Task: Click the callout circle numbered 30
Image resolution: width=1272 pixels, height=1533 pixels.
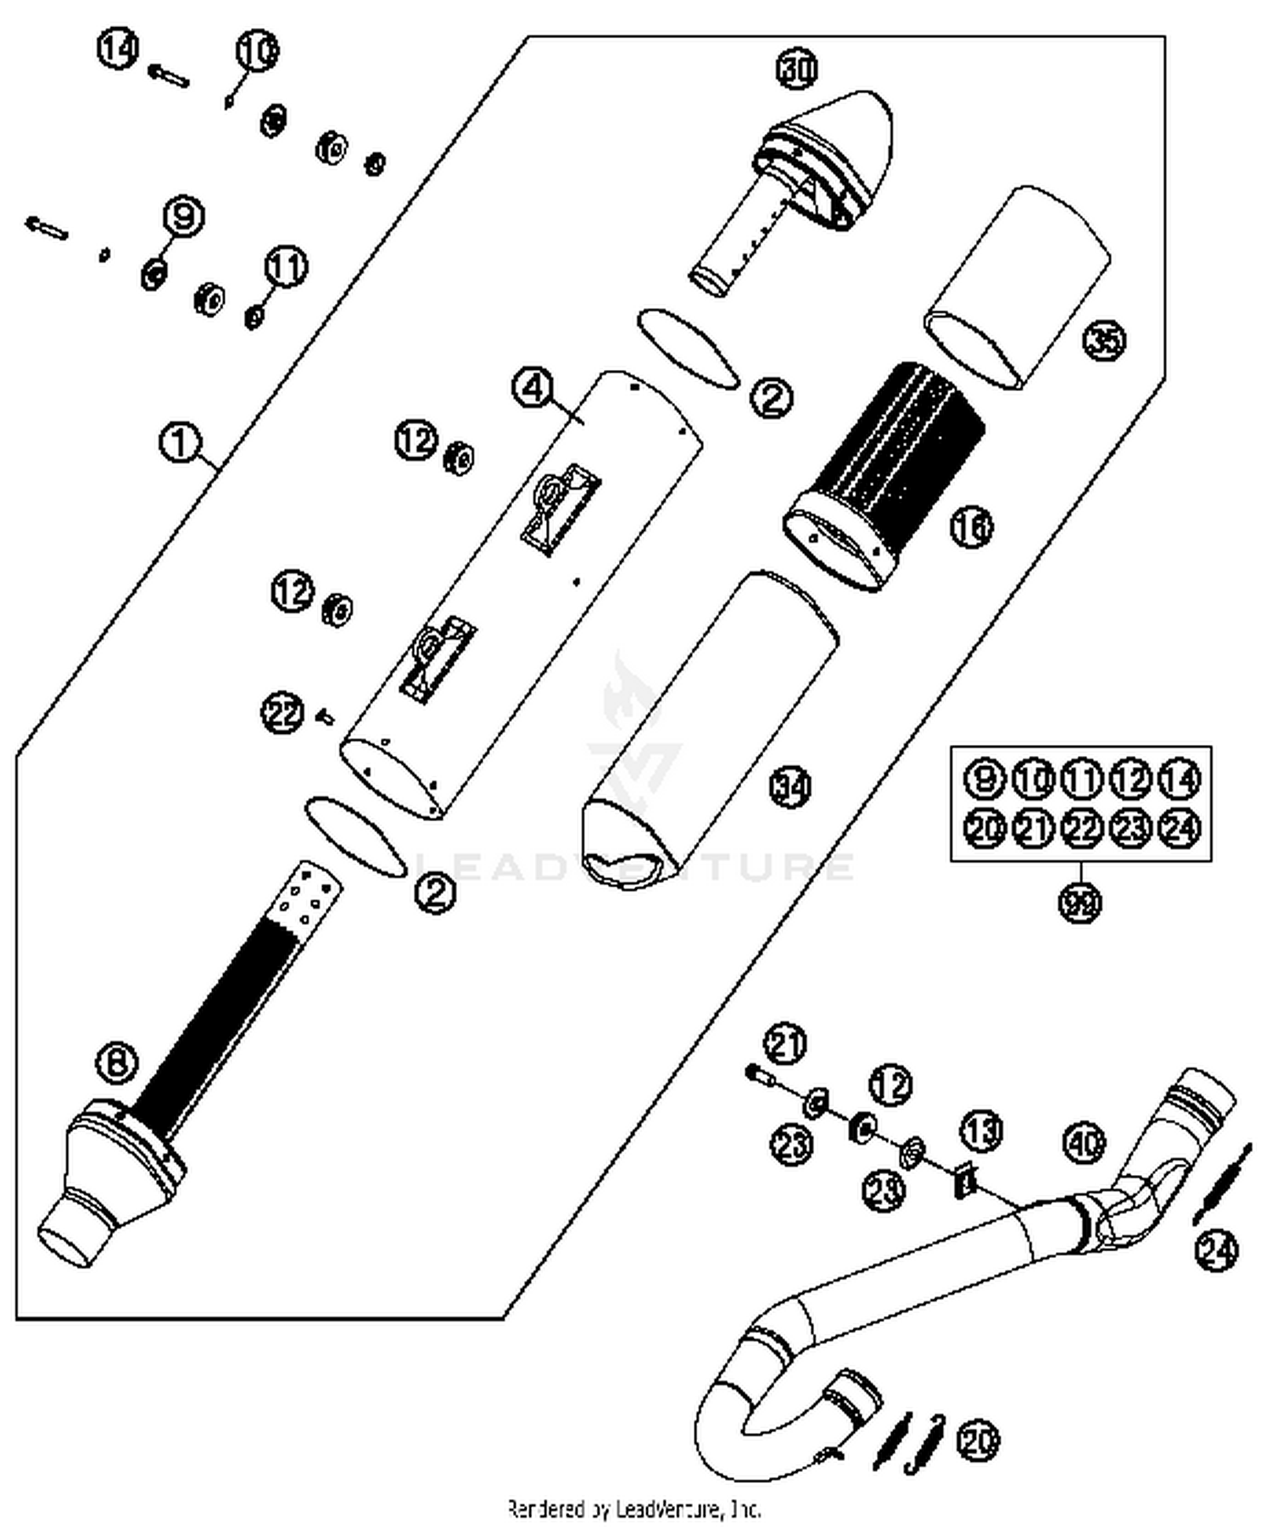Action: point(797,69)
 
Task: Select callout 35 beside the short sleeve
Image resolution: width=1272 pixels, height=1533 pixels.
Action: point(1104,341)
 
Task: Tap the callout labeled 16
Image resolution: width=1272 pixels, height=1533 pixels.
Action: point(970,528)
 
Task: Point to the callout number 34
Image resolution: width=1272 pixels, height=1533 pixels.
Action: point(789,786)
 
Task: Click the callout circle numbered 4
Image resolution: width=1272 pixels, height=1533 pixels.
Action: point(533,388)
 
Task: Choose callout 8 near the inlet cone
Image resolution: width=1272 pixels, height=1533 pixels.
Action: point(117,1060)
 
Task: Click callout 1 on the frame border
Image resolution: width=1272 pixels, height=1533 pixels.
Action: point(180,443)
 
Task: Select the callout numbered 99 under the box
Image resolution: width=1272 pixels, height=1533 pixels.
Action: point(1080,902)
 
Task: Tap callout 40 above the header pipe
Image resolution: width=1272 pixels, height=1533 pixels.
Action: point(1084,1142)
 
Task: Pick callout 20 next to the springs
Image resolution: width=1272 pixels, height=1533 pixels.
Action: point(978,1440)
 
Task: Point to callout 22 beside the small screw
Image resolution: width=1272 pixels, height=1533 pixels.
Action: point(282,712)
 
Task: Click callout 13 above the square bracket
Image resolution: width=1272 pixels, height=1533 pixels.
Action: point(980,1131)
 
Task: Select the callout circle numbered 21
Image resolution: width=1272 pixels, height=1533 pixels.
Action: point(785,1043)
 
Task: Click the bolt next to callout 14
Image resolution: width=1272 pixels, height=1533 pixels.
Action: point(170,76)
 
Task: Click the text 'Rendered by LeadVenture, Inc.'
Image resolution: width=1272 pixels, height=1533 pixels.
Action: point(634,1509)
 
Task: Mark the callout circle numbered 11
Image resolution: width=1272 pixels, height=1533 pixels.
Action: point(286,267)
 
